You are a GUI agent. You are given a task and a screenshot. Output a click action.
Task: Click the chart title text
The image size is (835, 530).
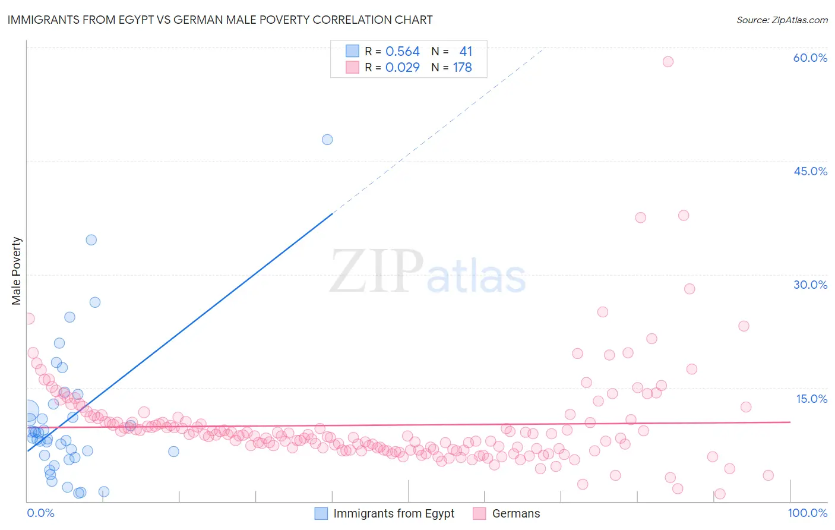[220, 20]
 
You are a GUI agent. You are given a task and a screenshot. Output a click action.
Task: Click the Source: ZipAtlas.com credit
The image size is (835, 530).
[782, 20]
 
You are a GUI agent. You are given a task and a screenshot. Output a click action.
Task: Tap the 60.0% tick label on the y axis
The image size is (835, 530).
[810, 58]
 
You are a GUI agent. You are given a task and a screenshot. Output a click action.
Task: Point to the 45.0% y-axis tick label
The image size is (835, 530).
[810, 171]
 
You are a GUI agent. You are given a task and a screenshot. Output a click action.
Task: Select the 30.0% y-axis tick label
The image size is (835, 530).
[810, 285]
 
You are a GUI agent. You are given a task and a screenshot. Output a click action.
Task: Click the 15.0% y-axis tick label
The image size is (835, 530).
[811, 399]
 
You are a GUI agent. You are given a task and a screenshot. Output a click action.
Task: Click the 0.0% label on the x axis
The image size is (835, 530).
[40, 513]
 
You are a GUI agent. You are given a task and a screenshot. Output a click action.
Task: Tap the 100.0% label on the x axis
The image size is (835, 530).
[807, 513]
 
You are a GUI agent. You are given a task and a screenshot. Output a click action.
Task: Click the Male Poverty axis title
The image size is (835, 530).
[17, 271]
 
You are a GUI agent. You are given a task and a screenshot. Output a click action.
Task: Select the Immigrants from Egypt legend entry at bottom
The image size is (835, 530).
[393, 513]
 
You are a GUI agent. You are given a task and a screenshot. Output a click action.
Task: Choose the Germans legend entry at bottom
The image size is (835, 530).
[515, 513]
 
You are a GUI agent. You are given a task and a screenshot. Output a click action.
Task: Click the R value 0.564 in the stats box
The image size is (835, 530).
[403, 52]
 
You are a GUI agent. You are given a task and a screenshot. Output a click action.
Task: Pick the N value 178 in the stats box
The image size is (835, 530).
[462, 68]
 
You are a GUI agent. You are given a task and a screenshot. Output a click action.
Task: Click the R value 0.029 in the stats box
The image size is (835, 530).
[403, 68]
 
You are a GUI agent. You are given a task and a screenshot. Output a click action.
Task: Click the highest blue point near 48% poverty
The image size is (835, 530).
[327, 140]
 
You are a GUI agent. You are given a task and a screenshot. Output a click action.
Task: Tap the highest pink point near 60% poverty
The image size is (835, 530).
[668, 62]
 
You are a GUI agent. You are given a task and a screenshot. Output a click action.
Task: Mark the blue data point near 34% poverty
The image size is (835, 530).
[91, 240]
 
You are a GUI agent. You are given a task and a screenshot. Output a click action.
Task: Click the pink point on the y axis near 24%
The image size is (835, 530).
[29, 318]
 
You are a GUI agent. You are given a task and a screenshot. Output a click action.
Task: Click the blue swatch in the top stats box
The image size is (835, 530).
[352, 51]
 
